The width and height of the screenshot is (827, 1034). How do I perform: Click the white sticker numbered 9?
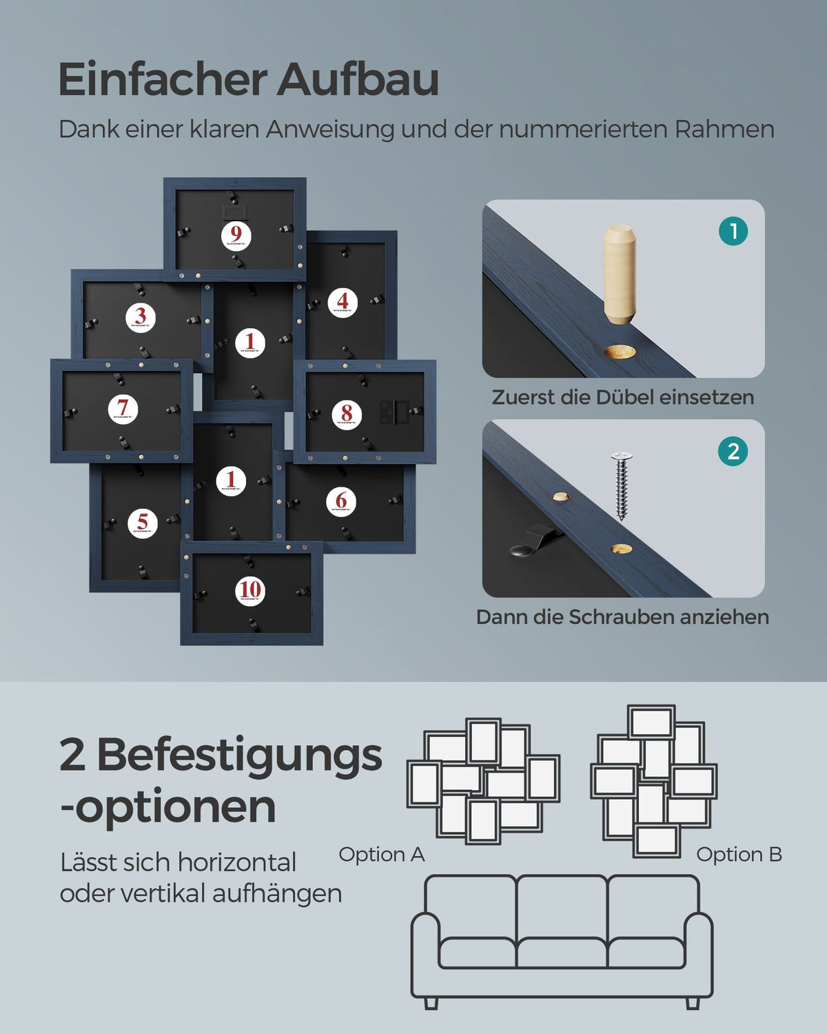pyautogui.click(x=236, y=236)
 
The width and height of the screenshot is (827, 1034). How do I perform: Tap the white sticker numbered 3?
pyautogui.click(x=141, y=317)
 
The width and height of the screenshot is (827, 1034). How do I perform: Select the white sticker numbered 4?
pyautogui.click(x=343, y=302)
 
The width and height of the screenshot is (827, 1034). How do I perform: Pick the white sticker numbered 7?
pyautogui.click(x=123, y=409)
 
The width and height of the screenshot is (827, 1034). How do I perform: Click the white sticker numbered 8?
pyautogui.click(x=347, y=415)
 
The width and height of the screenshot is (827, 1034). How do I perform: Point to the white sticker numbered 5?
pyautogui.click(x=143, y=523)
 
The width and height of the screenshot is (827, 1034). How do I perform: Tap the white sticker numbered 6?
pyautogui.click(x=341, y=502)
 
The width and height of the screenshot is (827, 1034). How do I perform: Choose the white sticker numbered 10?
pyautogui.click(x=250, y=591)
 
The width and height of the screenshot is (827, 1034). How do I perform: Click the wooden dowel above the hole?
pyautogui.click(x=620, y=274)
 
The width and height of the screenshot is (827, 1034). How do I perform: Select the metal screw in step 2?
pyautogui.click(x=622, y=486)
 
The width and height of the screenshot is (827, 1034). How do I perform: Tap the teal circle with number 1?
pyautogui.click(x=733, y=231)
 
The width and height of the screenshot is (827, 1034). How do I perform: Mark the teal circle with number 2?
pyautogui.click(x=733, y=452)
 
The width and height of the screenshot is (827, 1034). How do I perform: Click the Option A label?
pyautogui.click(x=382, y=855)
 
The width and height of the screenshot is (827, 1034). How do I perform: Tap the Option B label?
pyautogui.click(x=739, y=855)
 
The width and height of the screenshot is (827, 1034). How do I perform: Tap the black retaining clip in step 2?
pyautogui.click(x=534, y=541)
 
